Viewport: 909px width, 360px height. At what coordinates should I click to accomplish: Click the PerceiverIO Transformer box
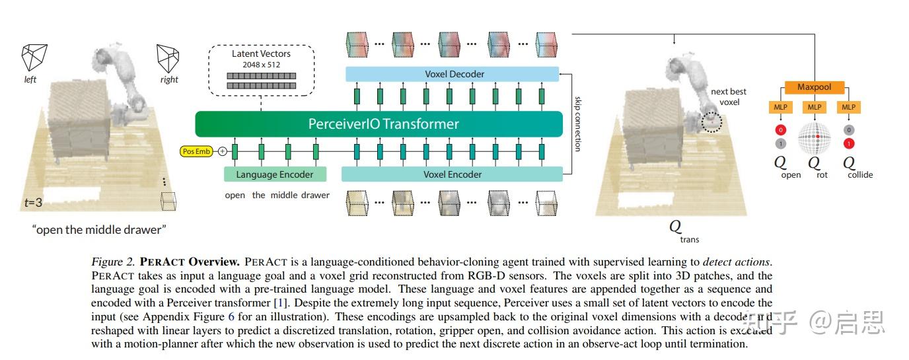[383, 124]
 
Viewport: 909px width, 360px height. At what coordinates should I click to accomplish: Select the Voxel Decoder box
[453, 74]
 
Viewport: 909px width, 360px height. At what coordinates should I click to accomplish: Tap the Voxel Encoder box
[452, 174]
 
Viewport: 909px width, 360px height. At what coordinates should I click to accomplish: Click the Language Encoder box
[275, 174]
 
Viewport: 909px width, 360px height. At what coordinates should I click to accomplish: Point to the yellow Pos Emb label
[196, 151]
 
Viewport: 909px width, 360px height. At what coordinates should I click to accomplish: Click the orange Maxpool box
[814, 87]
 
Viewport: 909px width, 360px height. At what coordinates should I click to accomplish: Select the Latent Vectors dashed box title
[261, 54]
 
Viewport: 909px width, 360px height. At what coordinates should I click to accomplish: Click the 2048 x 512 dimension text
[261, 64]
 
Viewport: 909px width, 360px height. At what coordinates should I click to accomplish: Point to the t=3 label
[33, 203]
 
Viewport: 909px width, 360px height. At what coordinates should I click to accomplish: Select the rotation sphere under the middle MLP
[814, 137]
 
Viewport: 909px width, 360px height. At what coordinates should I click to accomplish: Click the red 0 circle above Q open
[780, 130]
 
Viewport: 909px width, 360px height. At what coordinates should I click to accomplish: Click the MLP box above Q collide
[848, 107]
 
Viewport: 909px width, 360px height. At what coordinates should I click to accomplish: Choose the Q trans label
[679, 230]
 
